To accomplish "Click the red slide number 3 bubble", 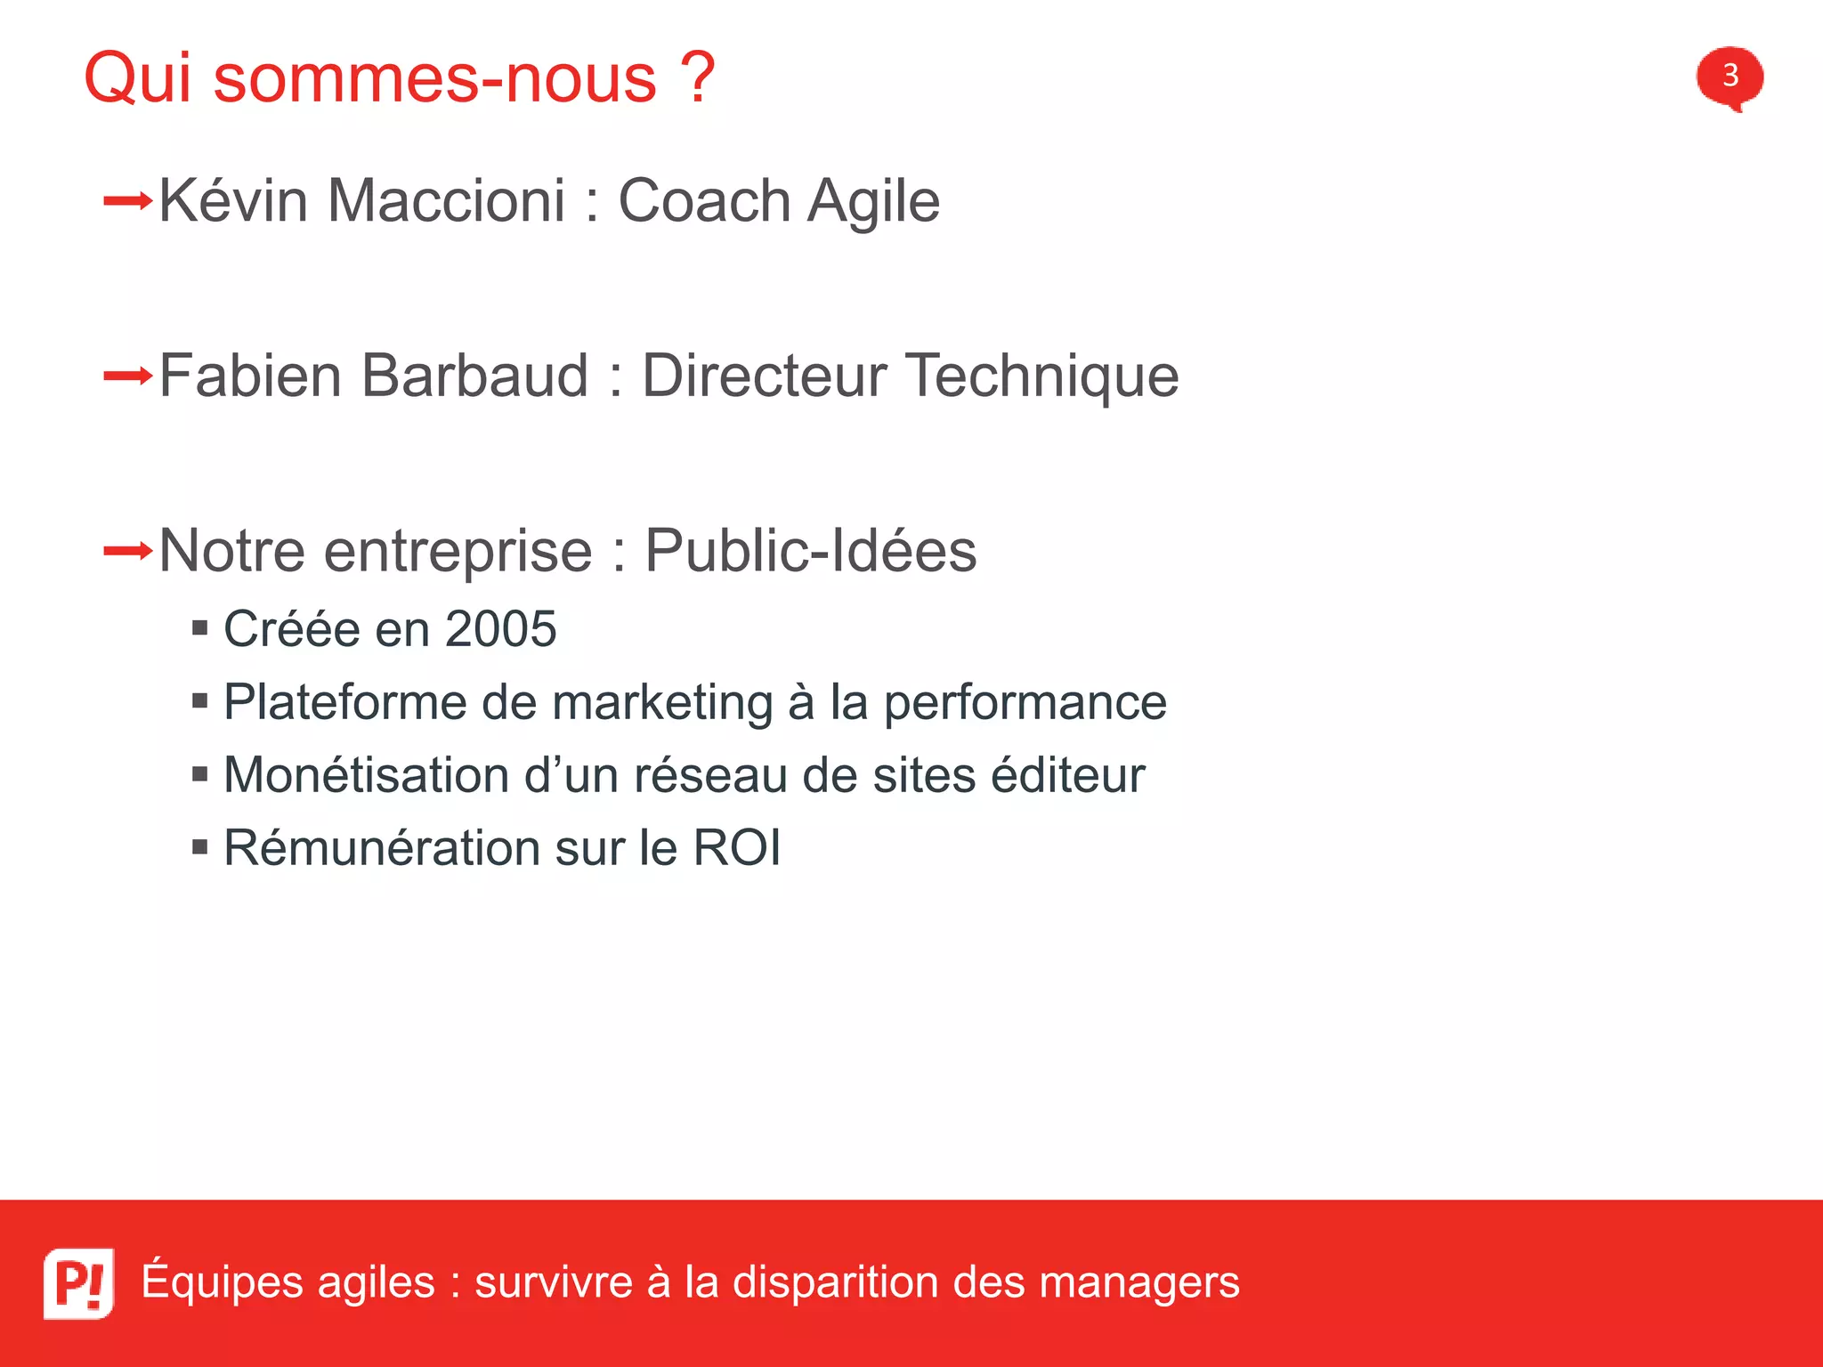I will tap(1730, 77).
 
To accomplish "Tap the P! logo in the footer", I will tap(78, 1282).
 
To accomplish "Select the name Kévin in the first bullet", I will tap(233, 200).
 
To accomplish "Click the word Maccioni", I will tap(446, 200).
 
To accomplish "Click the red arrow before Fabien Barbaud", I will tap(128, 376).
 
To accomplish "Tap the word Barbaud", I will tap(475, 376).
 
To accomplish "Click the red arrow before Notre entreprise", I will tap(128, 552).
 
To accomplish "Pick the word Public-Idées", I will tap(810, 550).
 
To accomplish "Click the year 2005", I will tap(500, 629).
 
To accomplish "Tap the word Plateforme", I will tap(344, 702).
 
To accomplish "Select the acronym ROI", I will tap(736, 847).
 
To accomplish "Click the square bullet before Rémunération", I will tap(200, 846).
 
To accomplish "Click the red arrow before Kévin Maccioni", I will tap(128, 201).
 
